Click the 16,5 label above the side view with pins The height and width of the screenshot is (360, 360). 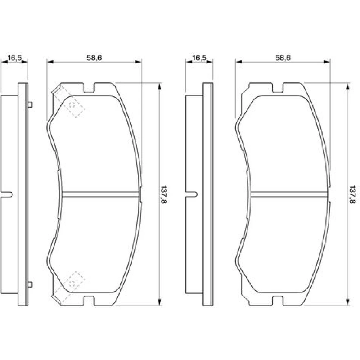pos(14,58)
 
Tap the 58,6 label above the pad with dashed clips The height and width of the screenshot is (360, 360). pos(94,58)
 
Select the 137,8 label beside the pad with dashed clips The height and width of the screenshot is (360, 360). pos(164,194)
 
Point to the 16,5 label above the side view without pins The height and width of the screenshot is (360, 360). pos(199,58)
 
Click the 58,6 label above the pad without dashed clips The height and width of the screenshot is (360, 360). pos(283,58)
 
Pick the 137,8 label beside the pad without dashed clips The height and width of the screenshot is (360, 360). pos(352,194)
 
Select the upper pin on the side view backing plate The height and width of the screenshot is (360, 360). pos(30,105)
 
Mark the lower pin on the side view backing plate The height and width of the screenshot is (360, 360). pos(30,285)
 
